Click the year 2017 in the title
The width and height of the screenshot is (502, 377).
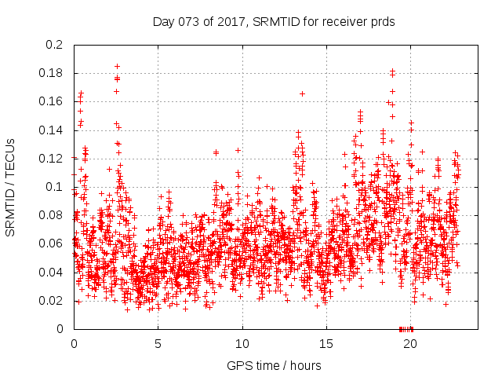tap(231, 22)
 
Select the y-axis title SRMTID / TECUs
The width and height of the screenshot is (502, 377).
tap(11, 187)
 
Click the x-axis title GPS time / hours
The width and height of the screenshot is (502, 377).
tap(274, 365)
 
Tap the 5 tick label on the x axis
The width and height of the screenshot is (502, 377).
tap(158, 343)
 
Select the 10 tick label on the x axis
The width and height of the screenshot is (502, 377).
tap(242, 343)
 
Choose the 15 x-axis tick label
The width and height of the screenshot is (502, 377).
tap(326, 343)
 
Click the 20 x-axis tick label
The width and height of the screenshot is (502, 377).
tap(410, 343)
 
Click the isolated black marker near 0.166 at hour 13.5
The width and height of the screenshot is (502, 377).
tap(302, 93)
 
